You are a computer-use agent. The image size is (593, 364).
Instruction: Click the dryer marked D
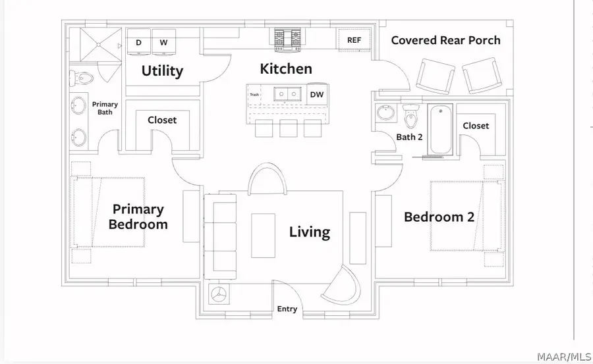pos(139,42)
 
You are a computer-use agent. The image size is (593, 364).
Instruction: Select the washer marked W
pos(163,42)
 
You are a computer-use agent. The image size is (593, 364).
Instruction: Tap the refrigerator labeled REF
pos(354,40)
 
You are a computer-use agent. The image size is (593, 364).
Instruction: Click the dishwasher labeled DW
pos(317,94)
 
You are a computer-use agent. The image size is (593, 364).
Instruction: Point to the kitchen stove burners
pos(287,39)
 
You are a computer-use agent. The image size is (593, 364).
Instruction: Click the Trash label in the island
pos(254,95)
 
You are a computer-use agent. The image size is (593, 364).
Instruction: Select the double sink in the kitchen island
pos(287,93)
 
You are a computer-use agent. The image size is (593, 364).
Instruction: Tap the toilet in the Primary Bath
pos(81,78)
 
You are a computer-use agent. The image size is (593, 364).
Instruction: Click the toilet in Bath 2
pos(411,116)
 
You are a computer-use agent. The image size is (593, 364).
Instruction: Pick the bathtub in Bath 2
pos(440,130)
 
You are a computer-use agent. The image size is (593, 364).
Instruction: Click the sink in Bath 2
pos(385,113)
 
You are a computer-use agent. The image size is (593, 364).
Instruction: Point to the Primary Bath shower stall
pos(98,45)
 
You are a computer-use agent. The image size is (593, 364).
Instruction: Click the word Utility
pos(162,70)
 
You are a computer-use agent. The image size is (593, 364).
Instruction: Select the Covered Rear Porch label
pos(445,40)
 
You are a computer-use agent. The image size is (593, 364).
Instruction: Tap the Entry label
pos(287,309)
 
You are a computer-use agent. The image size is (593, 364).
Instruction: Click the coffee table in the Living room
pos(263,236)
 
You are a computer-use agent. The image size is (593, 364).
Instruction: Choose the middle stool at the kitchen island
pos(289,128)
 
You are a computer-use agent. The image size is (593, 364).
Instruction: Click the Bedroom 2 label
pos(439,217)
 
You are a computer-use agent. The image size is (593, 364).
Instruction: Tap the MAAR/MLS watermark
pos(564,357)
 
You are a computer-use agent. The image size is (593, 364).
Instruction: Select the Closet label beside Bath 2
pos(476,126)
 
